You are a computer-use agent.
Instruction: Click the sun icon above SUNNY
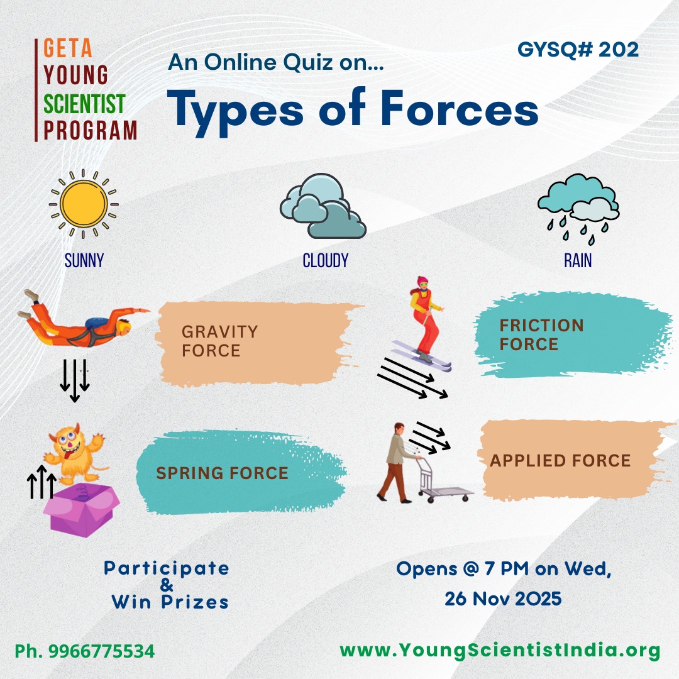pos(84,204)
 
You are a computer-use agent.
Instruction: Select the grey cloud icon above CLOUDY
pos(323,206)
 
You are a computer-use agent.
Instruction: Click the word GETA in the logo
pos(67,48)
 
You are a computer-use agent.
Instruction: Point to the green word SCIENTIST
pos(84,104)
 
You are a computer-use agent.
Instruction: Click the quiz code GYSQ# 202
pos(578,50)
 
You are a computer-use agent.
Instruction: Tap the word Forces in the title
pos(459,109)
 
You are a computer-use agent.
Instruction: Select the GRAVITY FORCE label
pos(219,341)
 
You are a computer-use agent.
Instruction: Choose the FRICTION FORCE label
pos(541,334)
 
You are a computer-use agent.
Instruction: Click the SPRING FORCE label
pos(222,473)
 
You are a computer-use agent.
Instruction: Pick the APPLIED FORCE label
pos(560,460)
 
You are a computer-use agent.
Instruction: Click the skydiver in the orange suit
pos(82,319)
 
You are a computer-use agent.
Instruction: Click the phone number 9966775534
pos(101,651)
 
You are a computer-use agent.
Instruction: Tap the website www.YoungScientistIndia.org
pos(500,651)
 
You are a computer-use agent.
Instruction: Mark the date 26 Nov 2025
pos(503,599)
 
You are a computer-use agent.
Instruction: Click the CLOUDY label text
pos(325,261)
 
